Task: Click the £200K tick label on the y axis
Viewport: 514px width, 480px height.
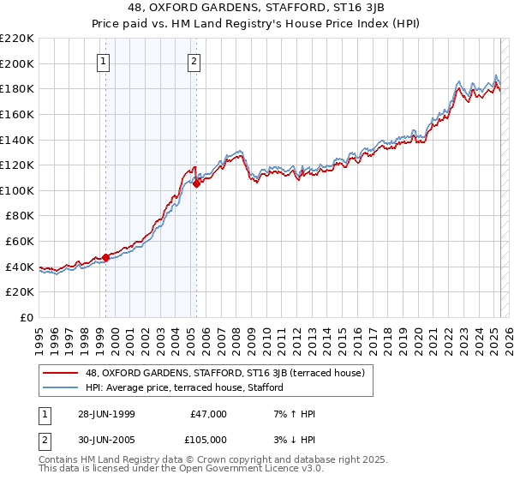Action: [x=17, y=63]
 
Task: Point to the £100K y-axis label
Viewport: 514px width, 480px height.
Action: [x=17, y=190]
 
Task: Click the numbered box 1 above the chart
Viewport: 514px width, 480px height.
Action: [x=104, y=61]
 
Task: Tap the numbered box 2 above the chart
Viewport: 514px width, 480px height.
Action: [x=195, y=61]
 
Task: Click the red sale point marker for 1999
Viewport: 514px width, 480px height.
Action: [x=106, y=257]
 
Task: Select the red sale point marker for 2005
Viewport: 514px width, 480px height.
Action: [x=197, y=183]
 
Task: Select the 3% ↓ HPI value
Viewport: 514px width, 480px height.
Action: [x=294, y=440]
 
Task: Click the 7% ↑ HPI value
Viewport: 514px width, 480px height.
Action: [x=294, y=414]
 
